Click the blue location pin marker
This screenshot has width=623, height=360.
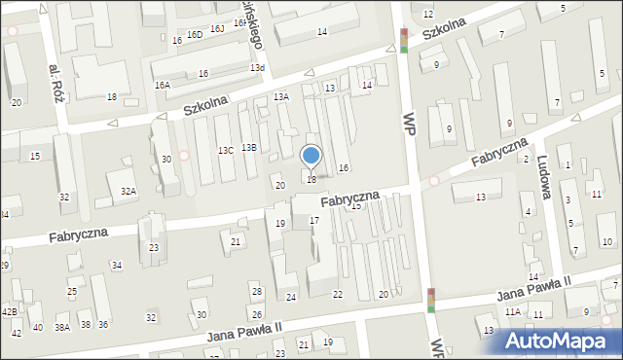coord(311,156)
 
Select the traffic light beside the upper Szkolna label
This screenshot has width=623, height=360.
coord(404,40)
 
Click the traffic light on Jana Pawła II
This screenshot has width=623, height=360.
coord(431,301)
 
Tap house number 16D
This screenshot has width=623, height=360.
coord(195,34)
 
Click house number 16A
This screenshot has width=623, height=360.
coord(162,86)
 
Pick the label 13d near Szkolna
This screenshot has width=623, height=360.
coord(257,68)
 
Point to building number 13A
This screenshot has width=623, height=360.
coord(281,96)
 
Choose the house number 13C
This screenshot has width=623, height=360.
coord(225,150)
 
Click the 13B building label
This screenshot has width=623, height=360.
coord(249,147)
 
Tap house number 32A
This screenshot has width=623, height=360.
coord(128,192)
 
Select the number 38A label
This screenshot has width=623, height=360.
coord(62,328)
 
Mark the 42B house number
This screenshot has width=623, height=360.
coord(9,311)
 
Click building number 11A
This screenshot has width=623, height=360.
coord(512,311)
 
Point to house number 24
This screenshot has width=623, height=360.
coord(290,297)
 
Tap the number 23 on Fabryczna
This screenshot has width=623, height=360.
coord(154,248)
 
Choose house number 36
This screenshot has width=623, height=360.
coord(103,324)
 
